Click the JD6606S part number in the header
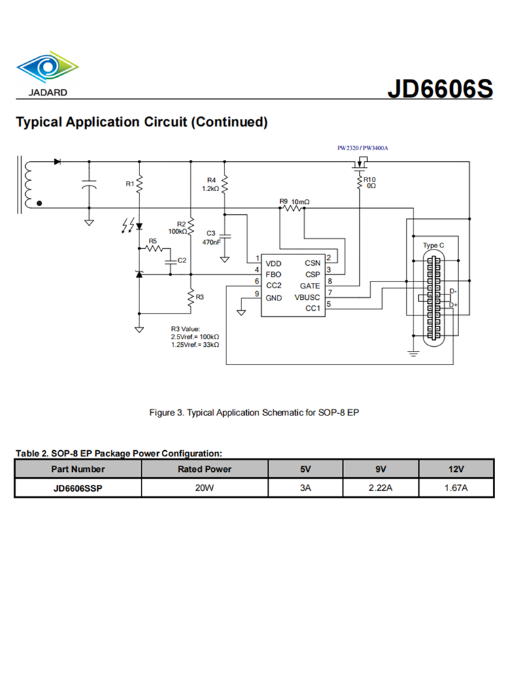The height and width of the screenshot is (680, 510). click(439, 88)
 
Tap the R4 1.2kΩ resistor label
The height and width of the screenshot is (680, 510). click(211, 184)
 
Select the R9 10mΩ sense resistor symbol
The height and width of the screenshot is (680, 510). click(292, 209)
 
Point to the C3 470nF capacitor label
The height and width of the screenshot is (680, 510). click(211, 237)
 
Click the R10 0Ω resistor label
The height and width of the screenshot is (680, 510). click(369, 182)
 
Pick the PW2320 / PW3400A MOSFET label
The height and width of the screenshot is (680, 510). click(367, 148)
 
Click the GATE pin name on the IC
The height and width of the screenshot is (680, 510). click(309, 286)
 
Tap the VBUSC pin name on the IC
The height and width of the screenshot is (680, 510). click(307, 297)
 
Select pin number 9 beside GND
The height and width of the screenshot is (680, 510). click(256, 294)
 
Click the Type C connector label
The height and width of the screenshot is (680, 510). click(433, 245)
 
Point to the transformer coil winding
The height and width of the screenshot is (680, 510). click(28, 184)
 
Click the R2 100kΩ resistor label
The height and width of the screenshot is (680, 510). click(178, 227)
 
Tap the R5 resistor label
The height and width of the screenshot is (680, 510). click(152, 241)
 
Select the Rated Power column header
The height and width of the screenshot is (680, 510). click(204, 469)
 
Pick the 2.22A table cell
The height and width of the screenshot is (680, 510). click(380, 488)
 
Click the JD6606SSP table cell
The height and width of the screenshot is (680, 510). click(78, 488)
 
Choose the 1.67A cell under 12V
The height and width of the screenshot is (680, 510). click(456, 488)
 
